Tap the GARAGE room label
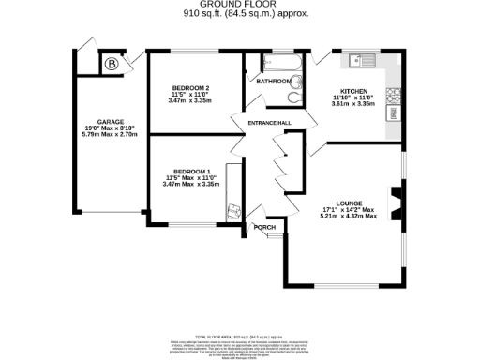tap(110, 121)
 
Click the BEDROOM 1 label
tap(190, 172)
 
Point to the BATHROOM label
tap(273, 82)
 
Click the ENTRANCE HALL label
tap(268, 124)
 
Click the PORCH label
tap(262, 227)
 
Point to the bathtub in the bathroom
tap(279, 65)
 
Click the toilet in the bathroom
tap(296, 97)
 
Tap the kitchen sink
tap(359, 62)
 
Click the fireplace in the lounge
tap(396, 201)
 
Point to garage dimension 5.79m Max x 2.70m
tap(110, 135)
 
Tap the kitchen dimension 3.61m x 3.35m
tap(354, 106)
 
